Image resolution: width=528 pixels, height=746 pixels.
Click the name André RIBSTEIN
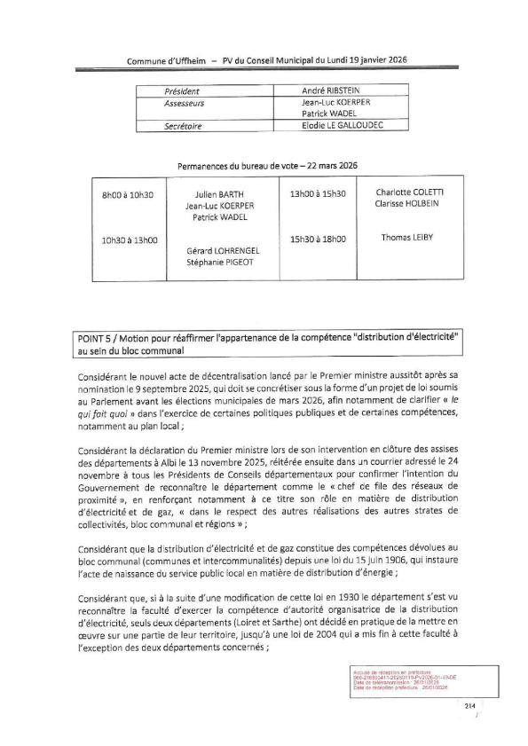[x=332, y=91]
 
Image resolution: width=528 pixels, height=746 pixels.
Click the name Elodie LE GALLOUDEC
[x=343, y=127]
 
